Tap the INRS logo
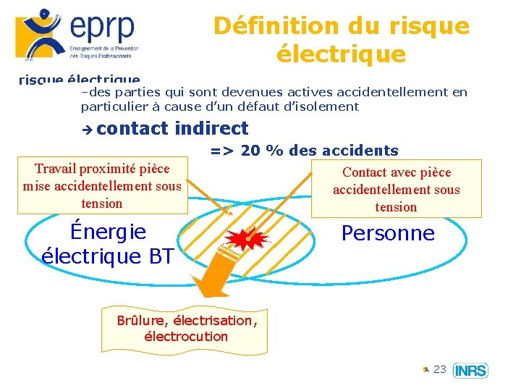(470, 371)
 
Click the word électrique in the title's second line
(341, 54)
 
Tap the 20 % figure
(260, 151)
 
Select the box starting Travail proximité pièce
(102, 186)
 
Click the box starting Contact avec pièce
(396, 189)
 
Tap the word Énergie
(108, 232)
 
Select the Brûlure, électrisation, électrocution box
(186, 328)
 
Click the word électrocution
(186, 337)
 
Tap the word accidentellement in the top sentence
(389, 92)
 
